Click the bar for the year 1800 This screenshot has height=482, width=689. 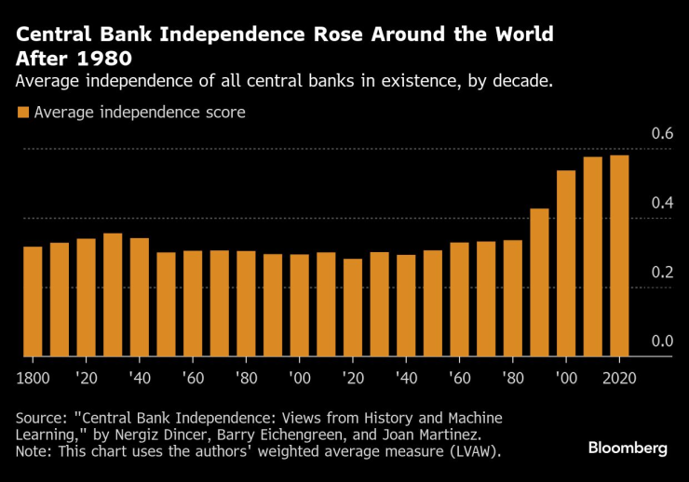(x=33, y=301)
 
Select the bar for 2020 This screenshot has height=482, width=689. (x=619, y=256)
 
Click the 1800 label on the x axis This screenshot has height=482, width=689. (x=34, y=378)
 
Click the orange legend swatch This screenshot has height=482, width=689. (x=22, y=114)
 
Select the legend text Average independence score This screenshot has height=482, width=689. (x=140, y=114)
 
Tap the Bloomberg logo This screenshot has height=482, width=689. (x=628, y=449)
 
